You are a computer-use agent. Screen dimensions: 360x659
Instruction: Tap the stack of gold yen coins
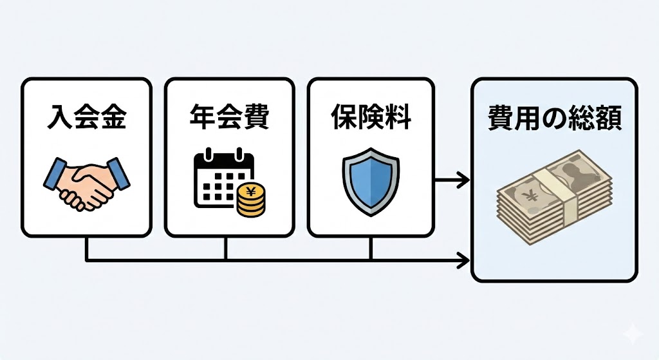tap(250, 199)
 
